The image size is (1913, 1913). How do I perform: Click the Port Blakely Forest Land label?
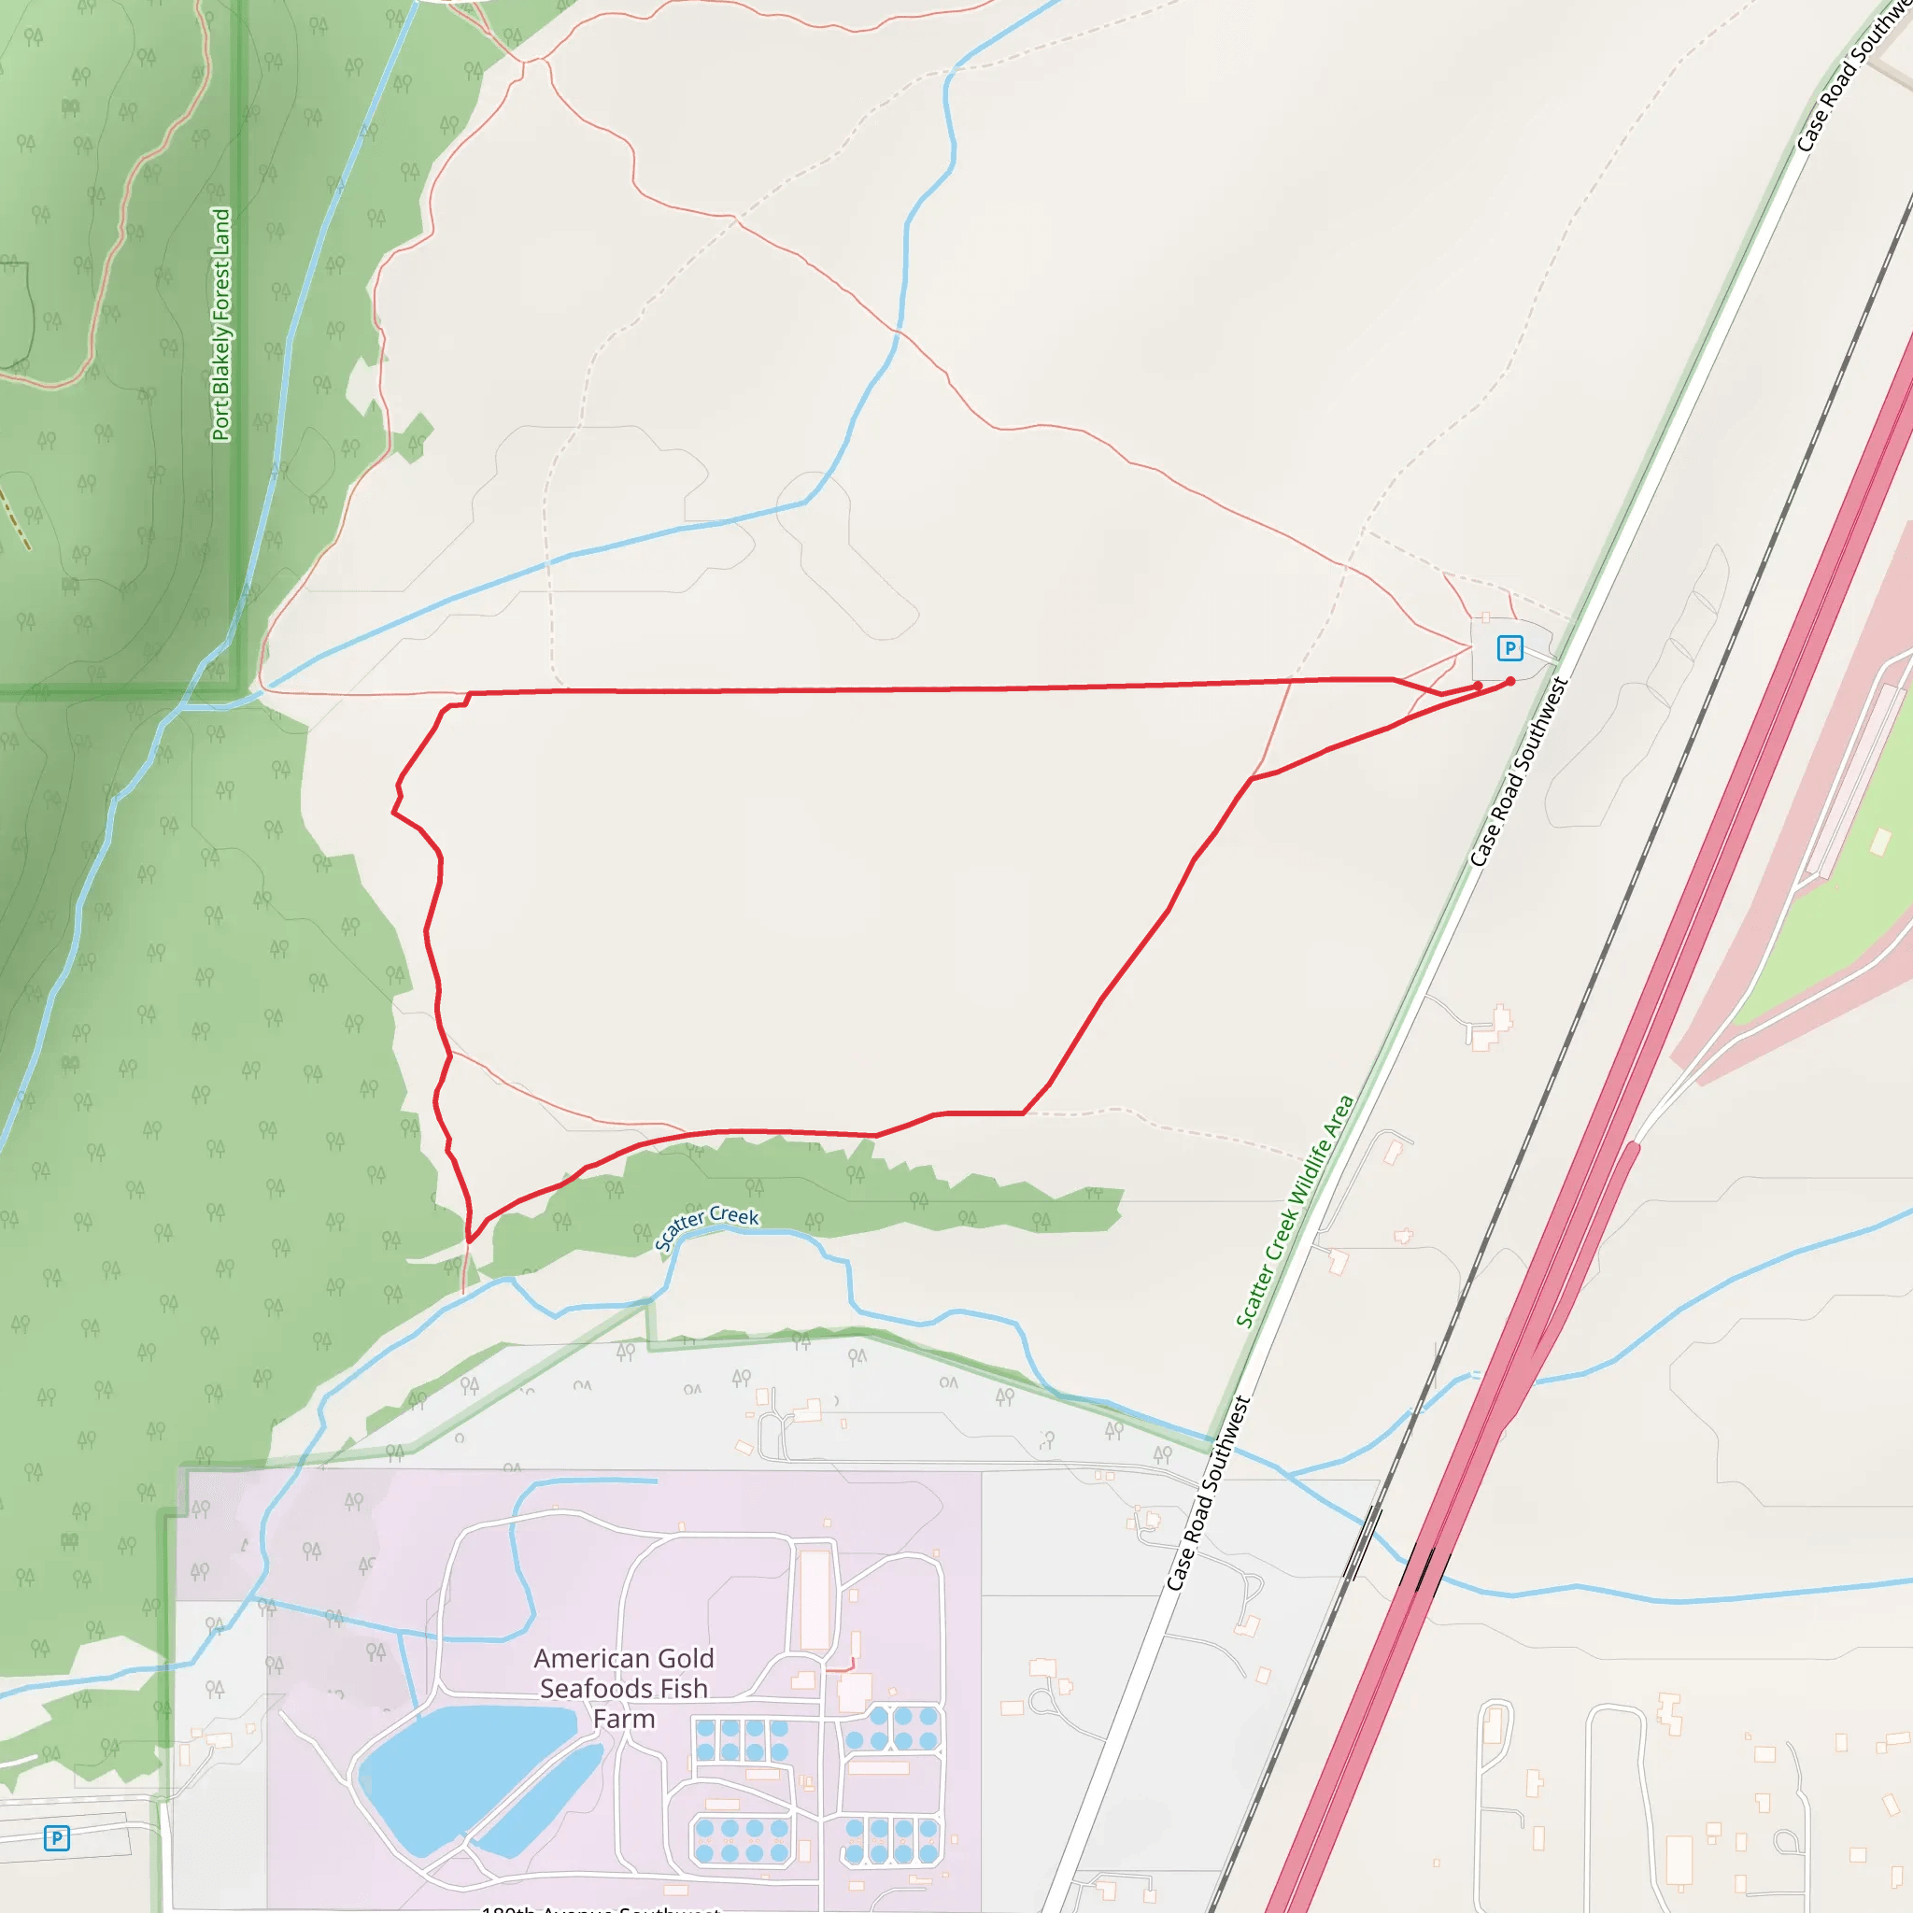[220, 324]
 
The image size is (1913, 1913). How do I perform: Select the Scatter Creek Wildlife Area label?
[1294, 1210]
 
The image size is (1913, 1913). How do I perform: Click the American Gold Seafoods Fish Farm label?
[624, 1688]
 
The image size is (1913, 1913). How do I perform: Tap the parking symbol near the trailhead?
[1509, 648]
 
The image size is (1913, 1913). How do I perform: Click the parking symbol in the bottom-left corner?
[56, 1838]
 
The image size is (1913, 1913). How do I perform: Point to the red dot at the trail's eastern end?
[1510, 681]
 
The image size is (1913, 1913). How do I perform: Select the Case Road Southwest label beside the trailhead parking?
[1519, 772]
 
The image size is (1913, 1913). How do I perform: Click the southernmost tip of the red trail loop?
[469, 1240]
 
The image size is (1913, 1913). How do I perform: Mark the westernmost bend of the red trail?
[394, 813]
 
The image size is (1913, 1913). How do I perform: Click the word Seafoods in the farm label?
[624, 1688]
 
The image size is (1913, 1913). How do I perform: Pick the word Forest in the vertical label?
[220, 293]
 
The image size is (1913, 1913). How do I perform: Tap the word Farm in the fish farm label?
[624, 1719]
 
